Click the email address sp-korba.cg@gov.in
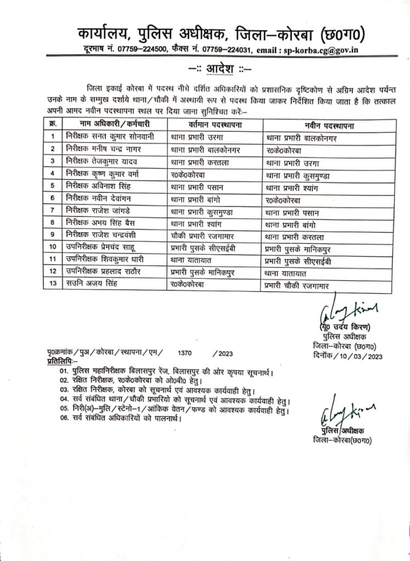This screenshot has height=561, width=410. (330, 50)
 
